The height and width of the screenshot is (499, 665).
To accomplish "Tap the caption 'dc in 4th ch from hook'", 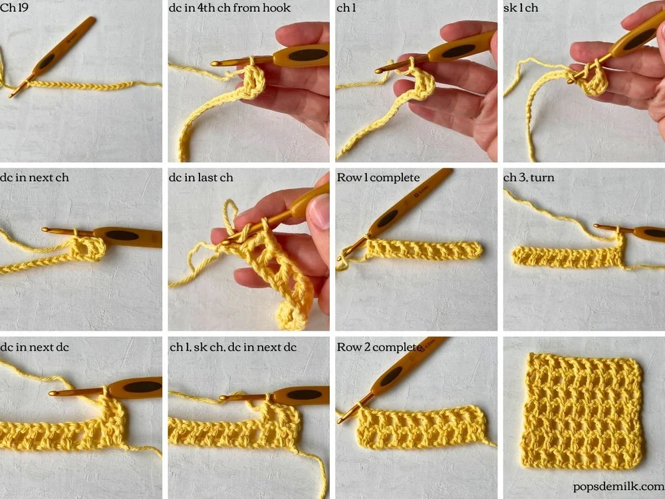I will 229,8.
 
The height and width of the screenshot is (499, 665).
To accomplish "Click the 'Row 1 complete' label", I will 378,178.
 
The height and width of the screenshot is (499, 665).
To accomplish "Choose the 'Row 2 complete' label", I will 378,347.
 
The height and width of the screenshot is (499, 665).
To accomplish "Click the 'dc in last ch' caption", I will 201,178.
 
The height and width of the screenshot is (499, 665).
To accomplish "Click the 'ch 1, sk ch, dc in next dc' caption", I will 233,347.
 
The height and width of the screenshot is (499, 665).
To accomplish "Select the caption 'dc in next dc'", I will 35,347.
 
